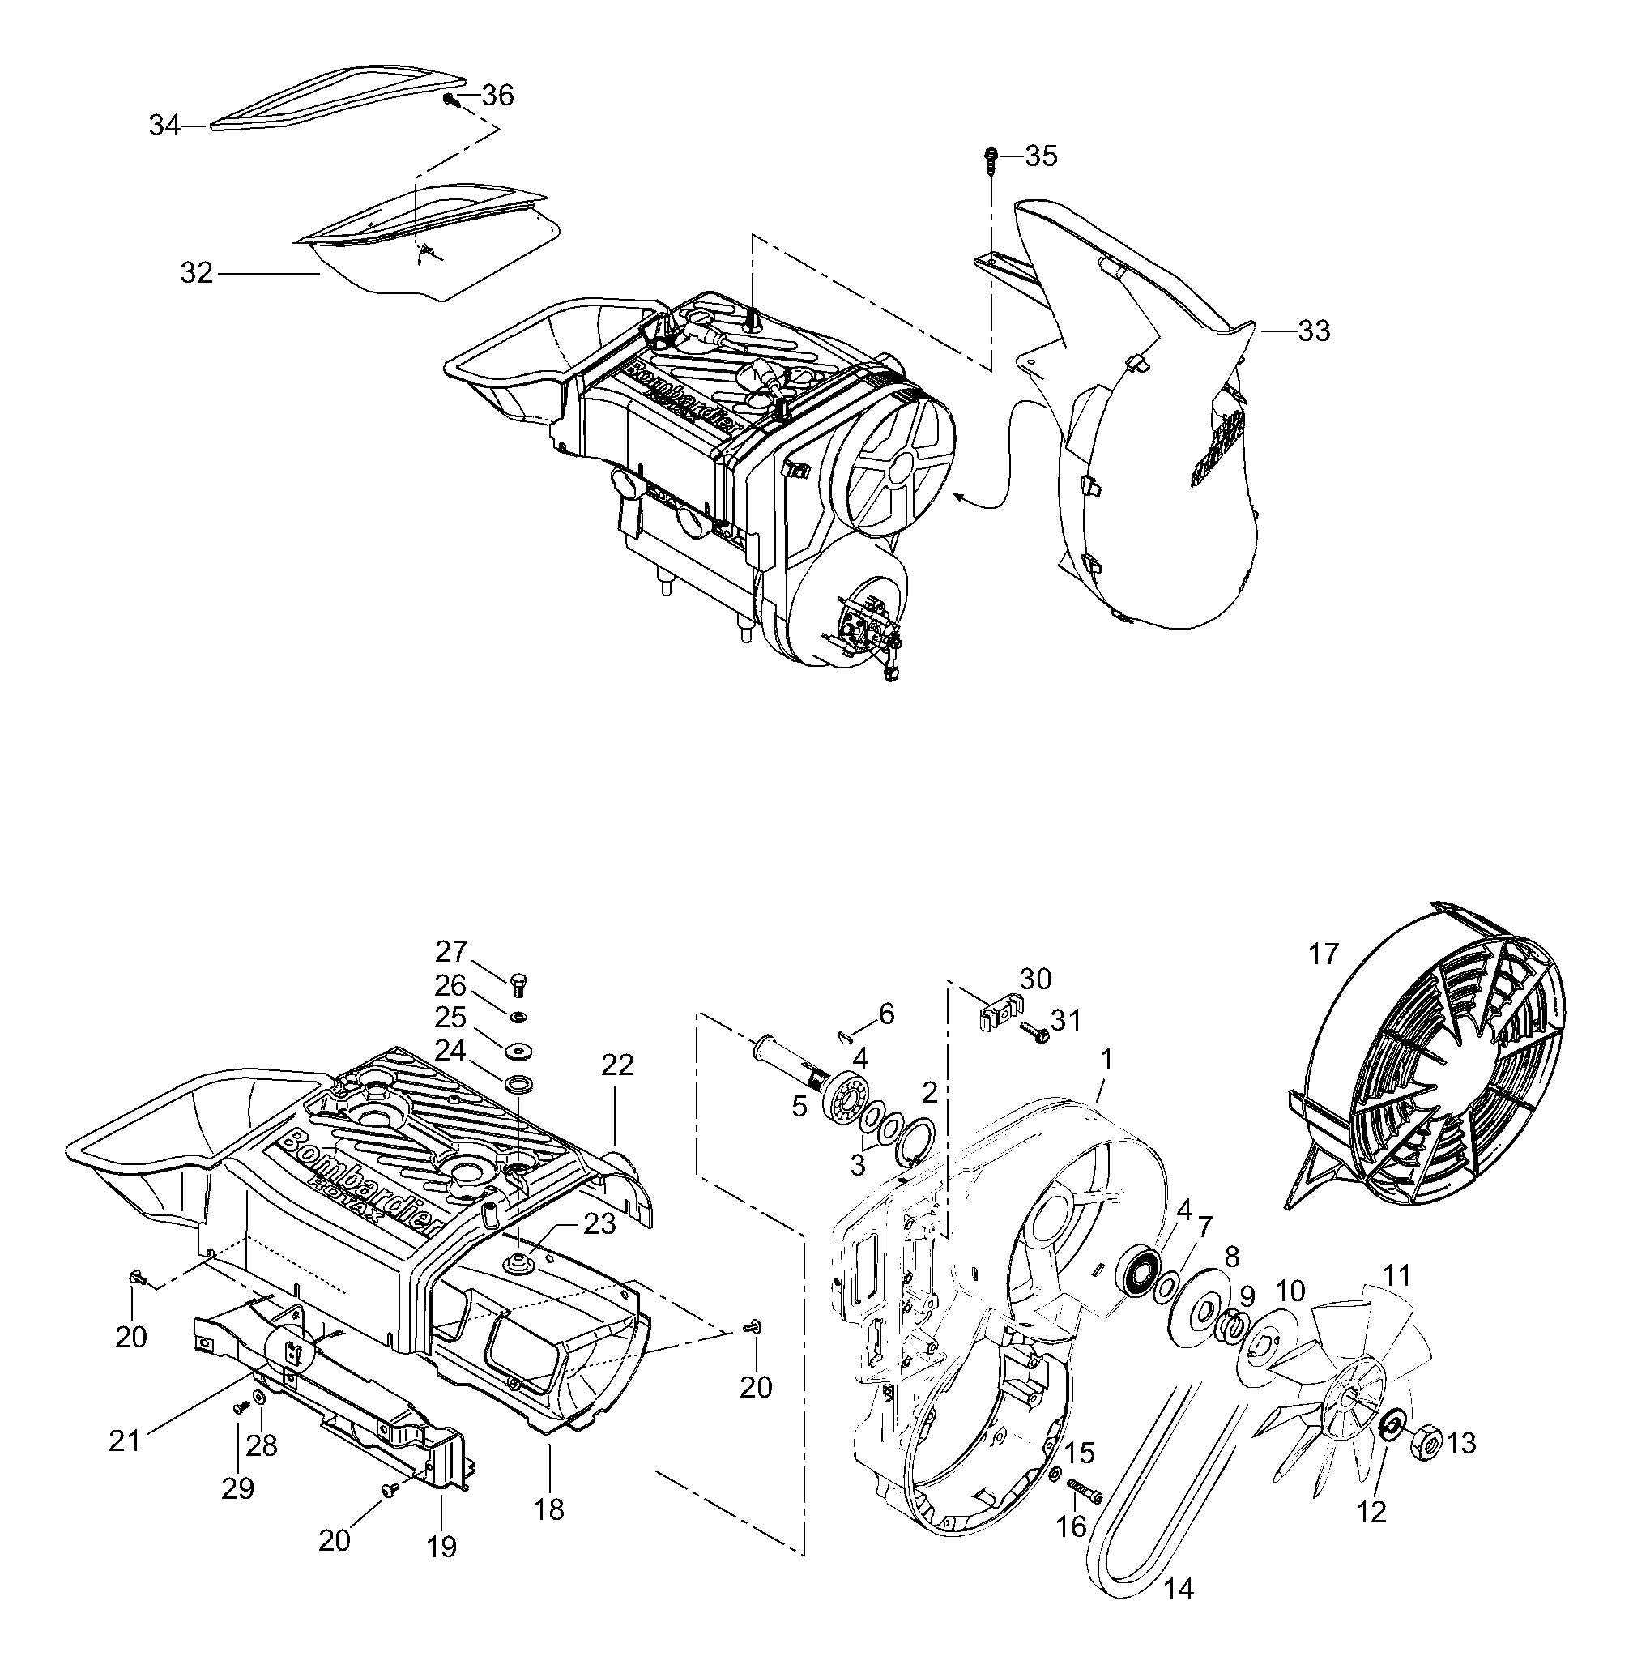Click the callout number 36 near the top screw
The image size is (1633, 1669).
[x=497, y=96]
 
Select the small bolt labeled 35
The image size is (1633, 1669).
[x=991, y=157]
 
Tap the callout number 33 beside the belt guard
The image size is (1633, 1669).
[x=1314, y=331]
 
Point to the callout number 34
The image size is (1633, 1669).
[x=164, y=126]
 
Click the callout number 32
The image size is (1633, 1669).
[x=196, y=273]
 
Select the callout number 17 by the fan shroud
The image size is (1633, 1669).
[x=1324, y=954]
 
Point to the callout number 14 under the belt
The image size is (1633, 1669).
[x=1179, y=1590]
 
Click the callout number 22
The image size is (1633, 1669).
[x=617, y=1065]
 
